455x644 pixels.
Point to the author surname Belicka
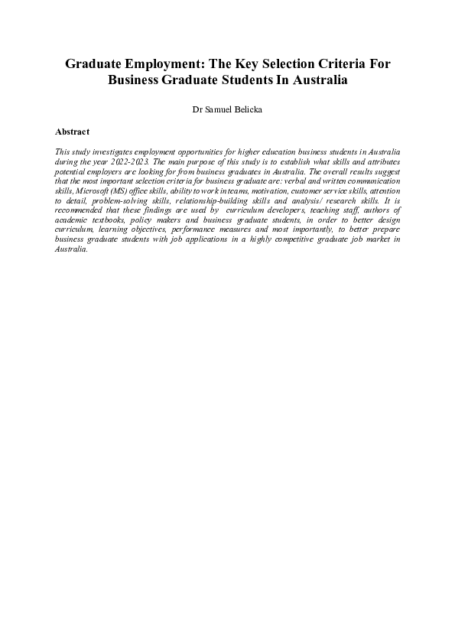pyautogui.click(x=245, y=109)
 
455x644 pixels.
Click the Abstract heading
pyautogui.click(x=73, y=132)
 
